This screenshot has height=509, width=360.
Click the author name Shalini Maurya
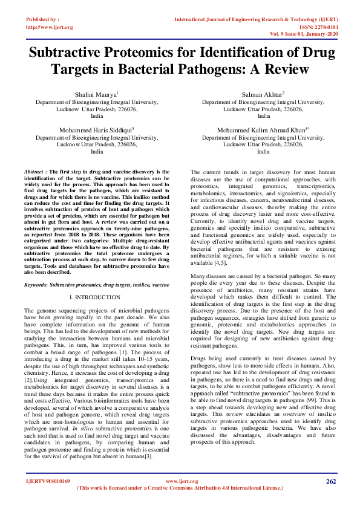point(96,95)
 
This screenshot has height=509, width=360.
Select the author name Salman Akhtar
point(263,95)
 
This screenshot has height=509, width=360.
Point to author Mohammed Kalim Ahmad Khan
point(263,130)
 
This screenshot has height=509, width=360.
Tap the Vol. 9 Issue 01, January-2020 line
point(304,34)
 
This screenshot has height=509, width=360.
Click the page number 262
point(330,481)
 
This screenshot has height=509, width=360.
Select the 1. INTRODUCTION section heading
point(96,298)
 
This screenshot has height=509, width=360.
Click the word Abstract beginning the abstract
point(34,172)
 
